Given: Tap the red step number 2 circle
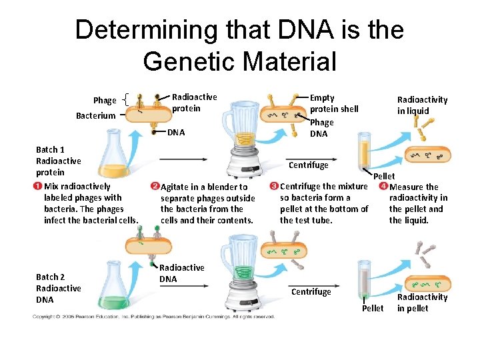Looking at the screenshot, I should click(155, 186).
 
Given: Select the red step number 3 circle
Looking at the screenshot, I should click(274, 186).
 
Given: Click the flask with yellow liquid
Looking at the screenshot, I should click(115, 160).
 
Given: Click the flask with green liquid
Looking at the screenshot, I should click(115, 287).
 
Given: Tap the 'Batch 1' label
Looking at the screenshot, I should click(50, 149).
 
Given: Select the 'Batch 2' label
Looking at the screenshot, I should click(50, 277).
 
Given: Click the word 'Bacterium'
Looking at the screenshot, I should click(95, 116).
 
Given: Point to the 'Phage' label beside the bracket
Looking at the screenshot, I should click(105, 101).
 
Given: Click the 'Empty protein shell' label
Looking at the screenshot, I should click(333, 103).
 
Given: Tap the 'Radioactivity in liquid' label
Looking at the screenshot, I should click(422, 105).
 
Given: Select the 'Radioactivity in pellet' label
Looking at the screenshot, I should click(422, 303).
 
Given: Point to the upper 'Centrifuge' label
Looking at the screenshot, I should click(308, 165).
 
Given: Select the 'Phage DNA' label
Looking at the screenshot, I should click(322, 128).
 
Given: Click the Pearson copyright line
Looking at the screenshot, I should click(153, 316).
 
